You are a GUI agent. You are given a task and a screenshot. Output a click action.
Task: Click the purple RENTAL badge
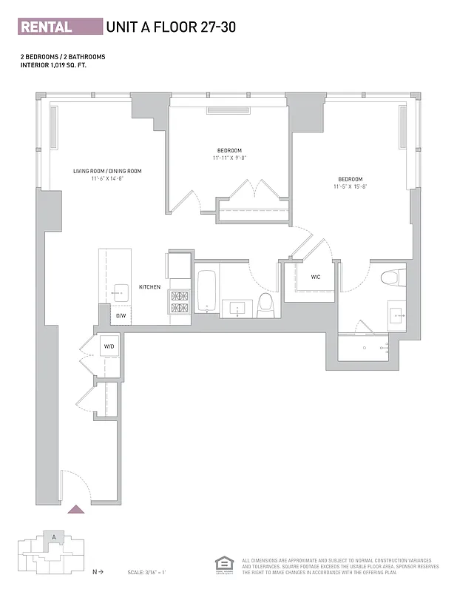(x=60, y=27)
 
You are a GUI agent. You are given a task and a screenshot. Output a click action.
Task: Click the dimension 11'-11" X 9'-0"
(x=229, y=158)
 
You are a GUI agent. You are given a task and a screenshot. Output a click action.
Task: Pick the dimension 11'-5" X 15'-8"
(x=350, y=187)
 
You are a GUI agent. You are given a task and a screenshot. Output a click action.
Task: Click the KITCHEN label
(x=149, y=286)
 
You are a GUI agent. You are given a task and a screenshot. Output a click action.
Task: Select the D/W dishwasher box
(x=121, y=316)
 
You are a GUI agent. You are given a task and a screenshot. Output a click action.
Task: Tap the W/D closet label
(x=109, y=346)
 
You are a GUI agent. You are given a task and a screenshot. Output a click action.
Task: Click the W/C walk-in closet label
(x=315, y=277)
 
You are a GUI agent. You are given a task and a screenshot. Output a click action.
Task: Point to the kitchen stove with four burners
(x=180, y=301)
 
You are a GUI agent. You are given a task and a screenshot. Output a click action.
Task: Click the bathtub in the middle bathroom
(x=207, y=292)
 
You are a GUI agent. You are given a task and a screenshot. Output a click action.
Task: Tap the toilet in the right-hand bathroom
(x=390, y=277)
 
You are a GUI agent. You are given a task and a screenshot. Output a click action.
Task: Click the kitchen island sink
(x=121, y=293)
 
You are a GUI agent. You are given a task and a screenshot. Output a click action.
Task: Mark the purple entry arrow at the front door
(x=75, y=508)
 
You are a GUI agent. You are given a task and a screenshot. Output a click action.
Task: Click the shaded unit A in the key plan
(x=53, y=538)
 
